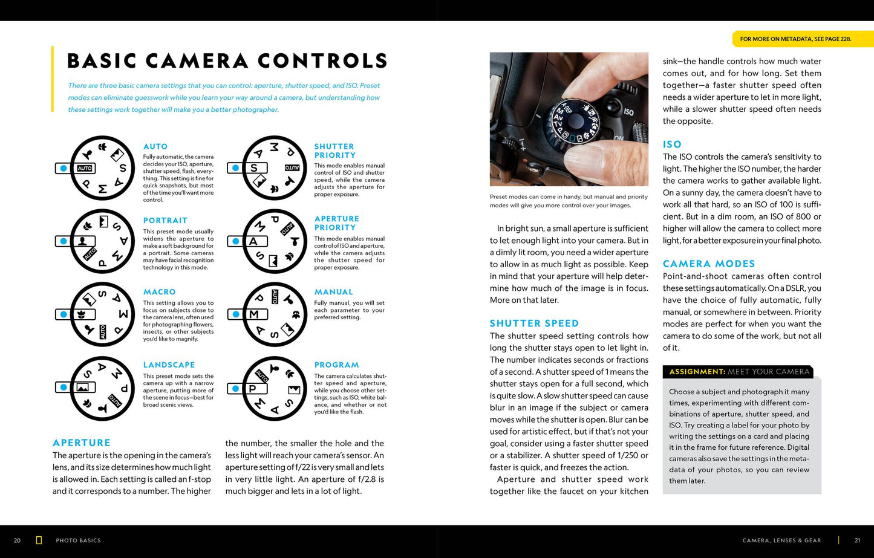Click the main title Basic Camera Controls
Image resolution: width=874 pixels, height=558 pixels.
(x=227, y=61)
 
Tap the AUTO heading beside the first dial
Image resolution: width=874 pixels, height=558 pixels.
(x=155, y=146)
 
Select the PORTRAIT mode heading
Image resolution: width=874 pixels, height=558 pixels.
(x=165, y=221)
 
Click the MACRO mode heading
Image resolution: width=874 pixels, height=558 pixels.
(x=159, y=292)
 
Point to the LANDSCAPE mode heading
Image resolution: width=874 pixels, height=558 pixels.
(x=169, y=365)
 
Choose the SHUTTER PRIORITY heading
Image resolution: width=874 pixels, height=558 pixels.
(x=334, y=151)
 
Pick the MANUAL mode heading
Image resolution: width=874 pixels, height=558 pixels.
(x=333, y=292)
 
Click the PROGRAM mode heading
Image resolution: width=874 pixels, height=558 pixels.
(x=336, y=365)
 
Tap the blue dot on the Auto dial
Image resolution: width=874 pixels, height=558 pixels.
(x=64, y=168)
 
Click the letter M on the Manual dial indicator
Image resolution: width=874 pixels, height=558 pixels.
(x=254, y=314)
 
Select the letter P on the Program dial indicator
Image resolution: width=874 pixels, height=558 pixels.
(x=253, y=389)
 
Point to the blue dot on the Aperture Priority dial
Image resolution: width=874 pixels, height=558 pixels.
(x=235, y=241)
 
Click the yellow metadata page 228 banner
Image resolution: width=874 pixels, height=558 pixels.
(x=795, y=39)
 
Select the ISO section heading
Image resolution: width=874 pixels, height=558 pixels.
(x=672, y=144)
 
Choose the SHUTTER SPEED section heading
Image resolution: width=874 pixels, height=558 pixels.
(x=534, y=323)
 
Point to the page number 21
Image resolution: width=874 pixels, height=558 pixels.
(x=857, y=540)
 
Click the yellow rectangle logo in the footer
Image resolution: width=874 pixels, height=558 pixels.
(x=39, y=540)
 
